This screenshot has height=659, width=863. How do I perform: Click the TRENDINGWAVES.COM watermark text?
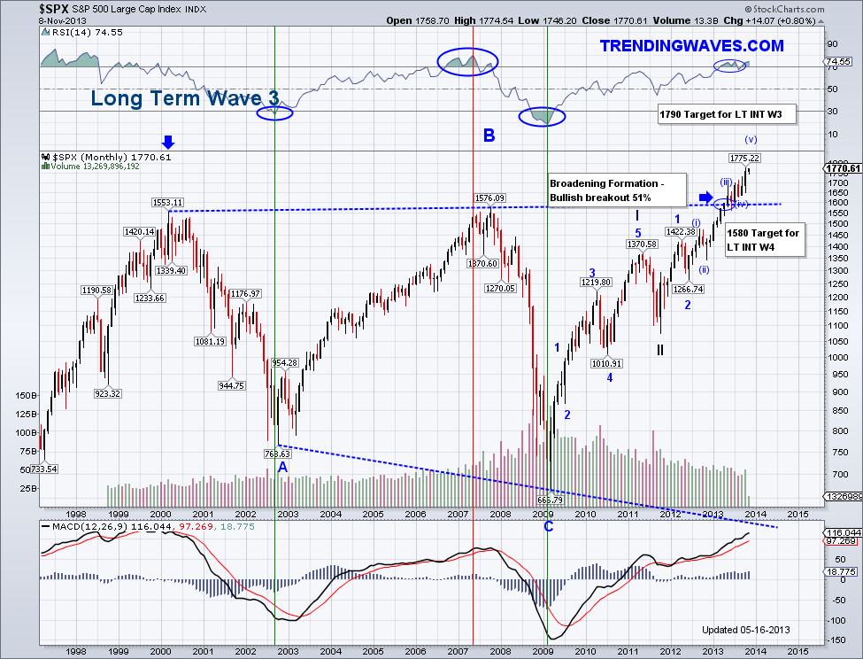pos(691,45)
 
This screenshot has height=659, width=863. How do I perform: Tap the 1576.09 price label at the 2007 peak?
pos(489,198)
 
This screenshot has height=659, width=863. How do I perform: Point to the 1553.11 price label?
pos(166,202)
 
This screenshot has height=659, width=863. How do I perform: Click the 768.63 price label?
pos(278,454)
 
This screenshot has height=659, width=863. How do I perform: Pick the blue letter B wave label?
pos(489,136)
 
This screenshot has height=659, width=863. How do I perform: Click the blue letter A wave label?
pos(282,467)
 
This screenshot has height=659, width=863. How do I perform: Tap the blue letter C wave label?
pos(549,526)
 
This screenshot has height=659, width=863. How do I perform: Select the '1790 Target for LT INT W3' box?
pos(727,114)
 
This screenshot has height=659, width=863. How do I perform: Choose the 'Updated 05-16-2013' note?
pos(745,630)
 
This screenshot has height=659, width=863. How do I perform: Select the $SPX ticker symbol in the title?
pos(19,9)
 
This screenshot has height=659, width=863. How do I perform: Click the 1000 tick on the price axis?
pos(833,357)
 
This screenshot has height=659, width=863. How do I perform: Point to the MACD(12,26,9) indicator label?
pos(78,526)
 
